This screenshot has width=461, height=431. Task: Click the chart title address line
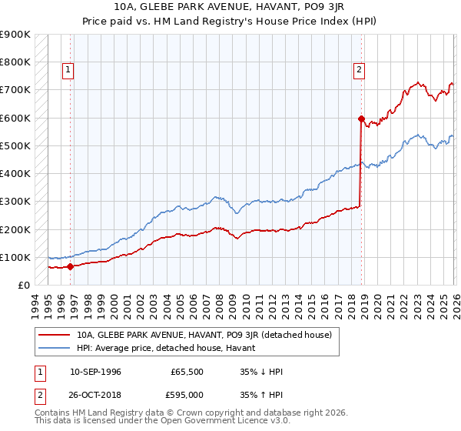coord(230,8)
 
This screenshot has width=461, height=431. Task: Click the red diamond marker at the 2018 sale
coord(360,119)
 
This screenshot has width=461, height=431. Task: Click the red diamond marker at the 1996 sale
coord(70,267)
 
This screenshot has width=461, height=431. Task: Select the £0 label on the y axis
coord(23,285)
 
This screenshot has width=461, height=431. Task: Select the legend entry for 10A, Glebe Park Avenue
coord(204,335)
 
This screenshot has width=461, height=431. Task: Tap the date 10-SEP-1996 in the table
coord(95,372)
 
